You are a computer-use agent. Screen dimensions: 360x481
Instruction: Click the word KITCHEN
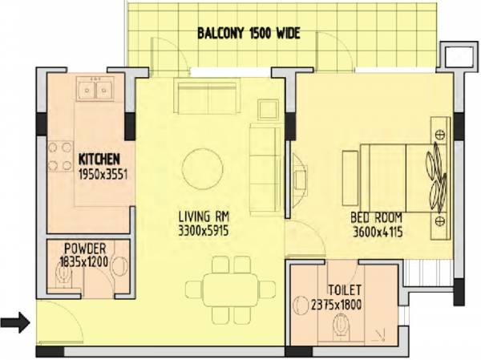coord(99,157)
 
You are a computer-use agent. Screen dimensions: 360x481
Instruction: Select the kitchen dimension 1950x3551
coord(103,172)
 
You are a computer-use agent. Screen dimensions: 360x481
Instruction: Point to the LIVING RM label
coord(206,217)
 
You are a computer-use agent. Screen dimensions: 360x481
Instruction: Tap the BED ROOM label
coord(376,217)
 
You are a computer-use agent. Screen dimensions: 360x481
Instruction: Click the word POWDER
coord(85,248)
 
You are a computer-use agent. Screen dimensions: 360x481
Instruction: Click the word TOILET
coord(345,289)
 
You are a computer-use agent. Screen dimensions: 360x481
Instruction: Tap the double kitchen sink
coord(95,91)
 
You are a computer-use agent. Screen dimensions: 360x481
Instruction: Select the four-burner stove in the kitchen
coord(59,157)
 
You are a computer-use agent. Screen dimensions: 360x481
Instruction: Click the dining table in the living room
coord(225,287)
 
